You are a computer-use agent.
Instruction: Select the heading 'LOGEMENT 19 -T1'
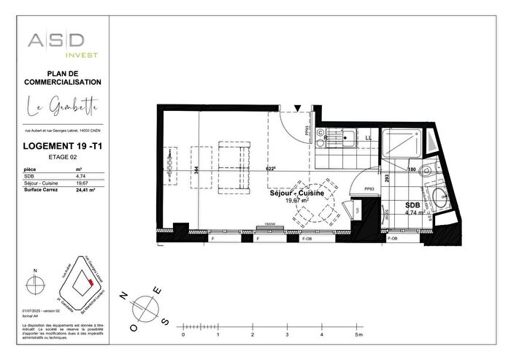pos(61,146)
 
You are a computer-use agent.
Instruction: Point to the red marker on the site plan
pos(90,280)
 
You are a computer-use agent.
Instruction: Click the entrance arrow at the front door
pos(298,108)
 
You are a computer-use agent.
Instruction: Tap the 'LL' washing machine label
pos(368,137)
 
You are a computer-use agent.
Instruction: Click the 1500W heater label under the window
pos(269,224)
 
